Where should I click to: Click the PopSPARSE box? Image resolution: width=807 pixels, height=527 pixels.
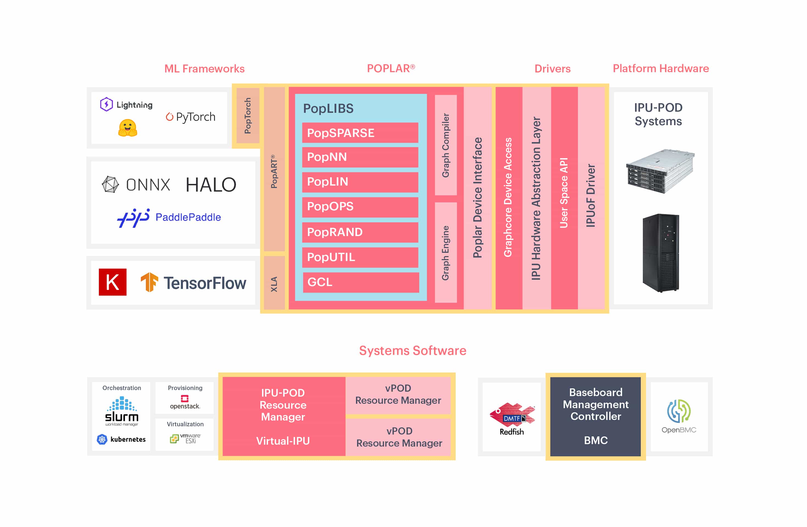pyautogui.click(x=360, y=133)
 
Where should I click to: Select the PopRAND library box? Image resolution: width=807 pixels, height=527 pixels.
pyautogui.click(x=360, y=232)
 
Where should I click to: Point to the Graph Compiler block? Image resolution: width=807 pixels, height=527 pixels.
pyautogui.click(x=446, y=145)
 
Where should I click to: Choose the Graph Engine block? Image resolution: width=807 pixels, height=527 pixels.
pyautogui.click(x=446, y=253)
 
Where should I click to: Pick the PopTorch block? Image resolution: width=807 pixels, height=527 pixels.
pyautogui.click(x=248, y=116)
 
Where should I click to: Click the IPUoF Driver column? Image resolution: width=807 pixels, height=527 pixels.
pyautogui.click(x=591, y=197)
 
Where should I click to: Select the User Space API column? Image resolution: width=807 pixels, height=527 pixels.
pyautogui.click(x=564, y=197)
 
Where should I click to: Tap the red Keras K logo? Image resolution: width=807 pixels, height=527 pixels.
pyautogui.click(x=113, y=282)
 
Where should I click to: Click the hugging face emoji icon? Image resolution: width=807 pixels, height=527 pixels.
pyautogui.click(x=127, y=128)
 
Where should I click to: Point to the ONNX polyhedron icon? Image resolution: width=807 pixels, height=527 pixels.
pyautogui.click(x=110, y=184)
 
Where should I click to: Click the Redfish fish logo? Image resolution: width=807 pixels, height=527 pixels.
pyautogui.click(x=512, y=414)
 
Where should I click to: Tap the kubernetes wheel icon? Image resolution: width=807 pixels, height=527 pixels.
pyautogui.click(x=102, y=439)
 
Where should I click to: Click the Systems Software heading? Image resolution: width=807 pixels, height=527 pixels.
pyautogui.click(x=412, y=351)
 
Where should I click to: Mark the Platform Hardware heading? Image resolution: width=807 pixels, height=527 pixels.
pyautogui.click(x=661, y=68)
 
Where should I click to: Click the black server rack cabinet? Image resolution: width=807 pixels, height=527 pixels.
pyautogui.click(x=661, y=253)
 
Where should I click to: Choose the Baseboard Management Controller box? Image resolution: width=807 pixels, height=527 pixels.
pyautogui.click(x=595, y=416)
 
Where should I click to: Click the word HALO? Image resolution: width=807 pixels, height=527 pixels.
pyautogui.click(x=211, y=185)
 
